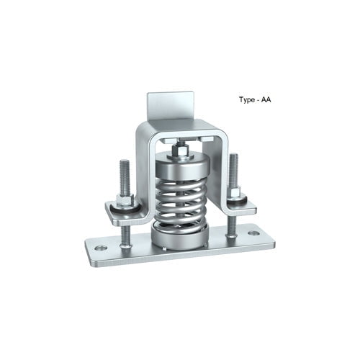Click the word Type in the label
click(248, 102)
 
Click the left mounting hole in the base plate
click(100, 248)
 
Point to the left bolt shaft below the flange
click(127, 235)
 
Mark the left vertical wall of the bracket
click(143, 173)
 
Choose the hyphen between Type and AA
click(260, 102)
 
